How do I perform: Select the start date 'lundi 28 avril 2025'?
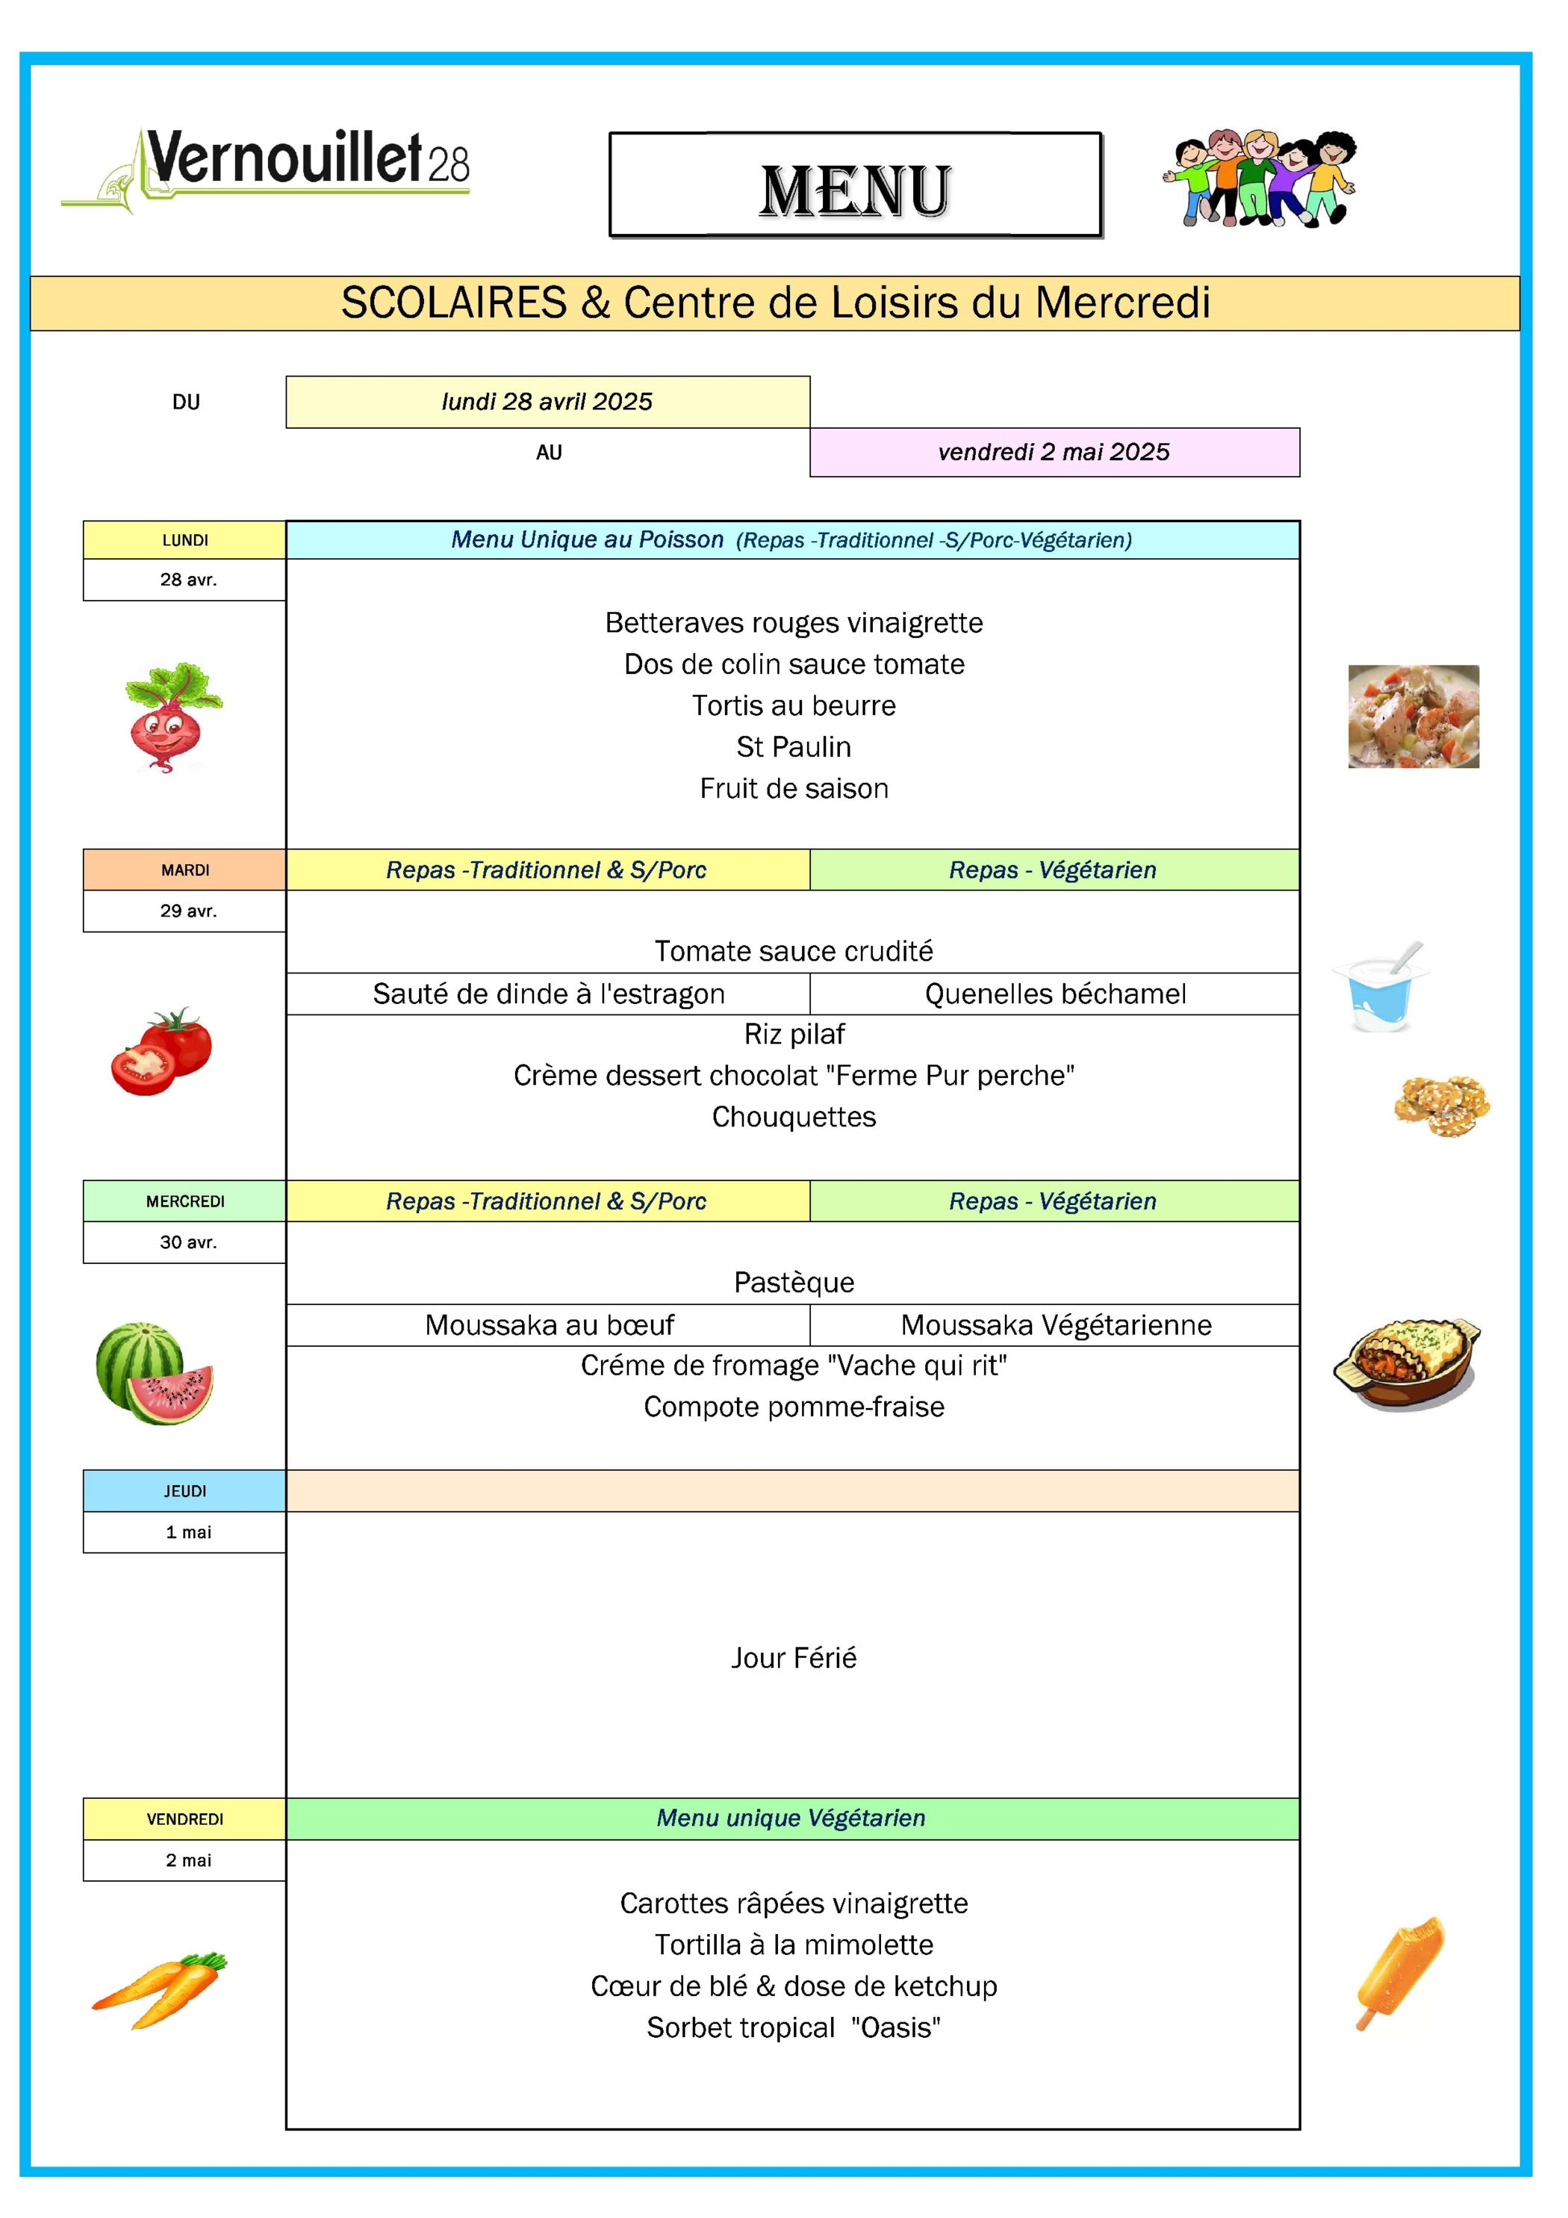click(x=547, y=402)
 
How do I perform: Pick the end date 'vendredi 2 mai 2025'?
click(x=1054, y=452)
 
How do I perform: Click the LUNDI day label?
click(x=184, y=540)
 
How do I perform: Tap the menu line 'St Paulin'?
click(x=793, y=747)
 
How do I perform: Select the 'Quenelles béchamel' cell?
click(x=1054, y=994)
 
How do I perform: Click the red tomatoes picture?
click(x=161, y=1052)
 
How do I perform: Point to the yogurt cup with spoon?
click(x=1381, y=988)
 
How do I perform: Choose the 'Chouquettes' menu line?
click(x=793, y=1117)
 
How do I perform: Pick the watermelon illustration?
click(x=155, y=1373)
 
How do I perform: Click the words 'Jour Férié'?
click(x=793, y=1658)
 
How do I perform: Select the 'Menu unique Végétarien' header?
click(x=791, y=1818)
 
